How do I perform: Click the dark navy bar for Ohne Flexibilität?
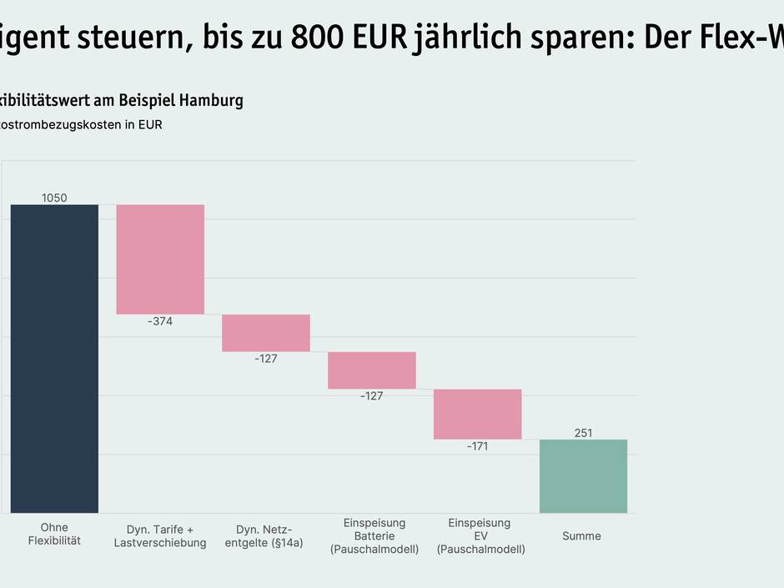point(54,359)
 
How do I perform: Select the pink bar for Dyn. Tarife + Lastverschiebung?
point(160,259)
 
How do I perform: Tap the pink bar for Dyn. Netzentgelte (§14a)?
point(266,333)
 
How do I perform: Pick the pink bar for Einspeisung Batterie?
point(372,370)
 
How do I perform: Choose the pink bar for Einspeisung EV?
point(478,414)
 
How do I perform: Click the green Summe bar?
point(583,476)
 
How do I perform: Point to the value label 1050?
point(54,199)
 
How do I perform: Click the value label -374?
point(160,321)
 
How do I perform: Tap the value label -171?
point(477,446)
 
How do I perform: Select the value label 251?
point(583,433)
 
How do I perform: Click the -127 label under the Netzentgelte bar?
point(266,359)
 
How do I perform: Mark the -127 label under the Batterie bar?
point(372,396)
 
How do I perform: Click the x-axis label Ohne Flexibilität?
point(54,535)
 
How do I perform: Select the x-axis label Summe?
point(581,536)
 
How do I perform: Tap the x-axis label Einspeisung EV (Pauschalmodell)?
point(480,536)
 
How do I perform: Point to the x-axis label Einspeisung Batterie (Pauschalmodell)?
point(374,536)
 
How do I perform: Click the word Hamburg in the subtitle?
point(211,101)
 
